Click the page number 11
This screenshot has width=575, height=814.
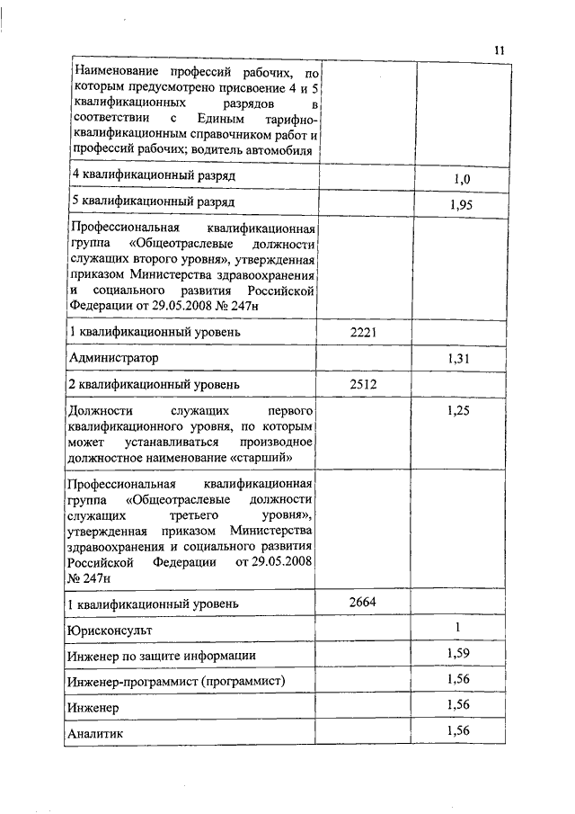500,50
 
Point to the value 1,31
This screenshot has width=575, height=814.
458,359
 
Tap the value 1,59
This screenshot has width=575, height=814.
458,652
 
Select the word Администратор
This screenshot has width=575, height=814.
114,359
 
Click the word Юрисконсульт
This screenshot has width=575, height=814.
112,630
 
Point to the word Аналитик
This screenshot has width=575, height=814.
96,735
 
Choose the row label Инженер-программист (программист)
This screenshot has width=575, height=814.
177,681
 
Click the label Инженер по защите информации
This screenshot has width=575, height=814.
162,655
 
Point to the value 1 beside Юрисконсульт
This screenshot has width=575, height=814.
457,627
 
